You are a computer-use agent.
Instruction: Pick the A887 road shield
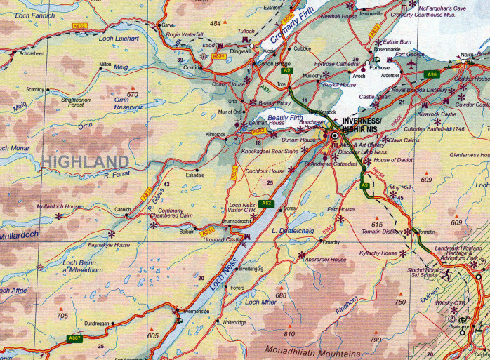pyautogui.click(x=76, y=339)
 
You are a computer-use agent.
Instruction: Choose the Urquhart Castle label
pyautogui.click(x=218, y=239)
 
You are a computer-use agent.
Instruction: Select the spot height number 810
pyautogui.click(x=289, y=334)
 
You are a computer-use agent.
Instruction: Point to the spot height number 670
pyautogui.click(x=133, y=94)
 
